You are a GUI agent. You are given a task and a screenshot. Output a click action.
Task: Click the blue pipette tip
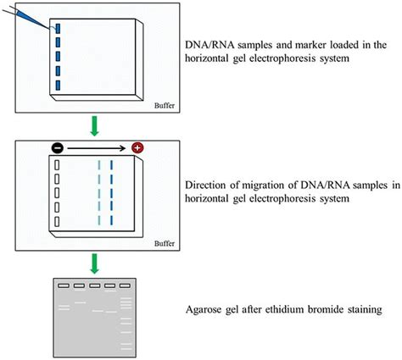42,23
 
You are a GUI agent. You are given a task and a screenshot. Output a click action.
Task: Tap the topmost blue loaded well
58,29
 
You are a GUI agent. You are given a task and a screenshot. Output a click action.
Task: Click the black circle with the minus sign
57,147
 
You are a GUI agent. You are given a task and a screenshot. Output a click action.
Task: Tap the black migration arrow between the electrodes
97,147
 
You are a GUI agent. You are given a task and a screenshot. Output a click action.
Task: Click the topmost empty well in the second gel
57,165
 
